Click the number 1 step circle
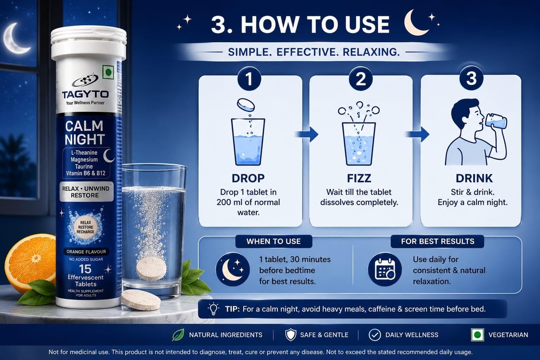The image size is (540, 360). (249, 79)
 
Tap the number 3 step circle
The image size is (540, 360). (471, 78)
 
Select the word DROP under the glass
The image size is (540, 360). (248, 178)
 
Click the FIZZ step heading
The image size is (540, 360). (359, 178)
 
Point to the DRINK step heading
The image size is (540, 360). (474, 178)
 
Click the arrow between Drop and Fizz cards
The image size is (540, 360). (307, 134)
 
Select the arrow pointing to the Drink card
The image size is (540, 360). (418, 134)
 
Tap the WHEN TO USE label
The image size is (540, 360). (274, 241)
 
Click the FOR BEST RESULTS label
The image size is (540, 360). (437, 241)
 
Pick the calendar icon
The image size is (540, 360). (384, 269)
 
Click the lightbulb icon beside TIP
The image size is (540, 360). (214, 308)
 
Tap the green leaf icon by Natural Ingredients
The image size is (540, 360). (178, 335)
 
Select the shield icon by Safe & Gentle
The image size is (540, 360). (291, 335)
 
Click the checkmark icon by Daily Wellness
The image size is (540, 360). (375, 335)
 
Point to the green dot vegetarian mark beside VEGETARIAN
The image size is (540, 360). (477, 335)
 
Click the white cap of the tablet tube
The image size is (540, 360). (89, 43)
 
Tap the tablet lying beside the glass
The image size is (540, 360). (140, 300)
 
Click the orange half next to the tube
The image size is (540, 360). (30, 264)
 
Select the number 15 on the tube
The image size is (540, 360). (85, 269)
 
